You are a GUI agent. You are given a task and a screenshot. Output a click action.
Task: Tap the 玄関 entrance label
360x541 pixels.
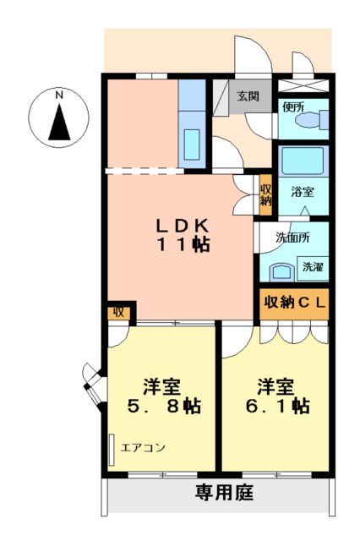247,96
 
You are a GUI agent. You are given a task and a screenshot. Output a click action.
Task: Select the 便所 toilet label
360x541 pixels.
293,107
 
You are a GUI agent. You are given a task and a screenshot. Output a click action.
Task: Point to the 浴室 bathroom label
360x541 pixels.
303,192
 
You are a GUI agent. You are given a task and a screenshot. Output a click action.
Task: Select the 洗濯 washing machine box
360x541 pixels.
313,266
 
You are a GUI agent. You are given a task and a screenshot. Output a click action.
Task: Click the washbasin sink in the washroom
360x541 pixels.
280,271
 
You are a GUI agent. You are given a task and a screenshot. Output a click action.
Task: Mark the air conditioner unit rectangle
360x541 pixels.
112,448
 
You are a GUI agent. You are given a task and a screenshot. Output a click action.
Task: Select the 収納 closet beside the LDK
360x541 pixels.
265,194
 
